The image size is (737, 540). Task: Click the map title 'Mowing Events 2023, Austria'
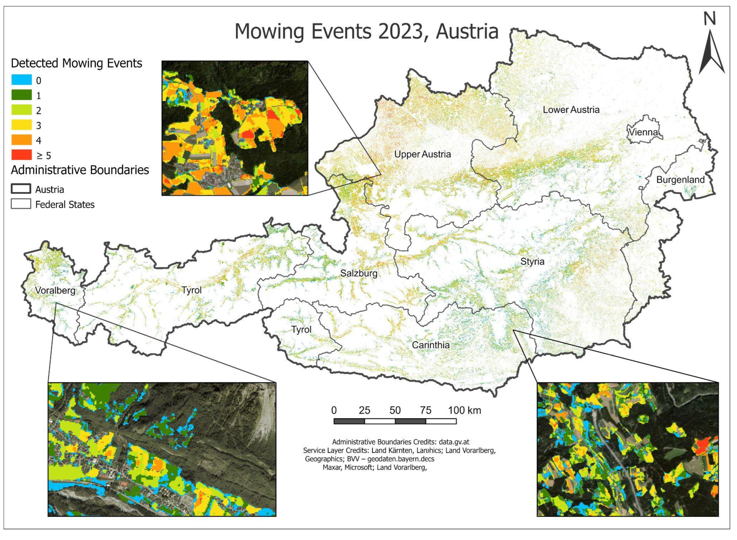pyautogui.click(x=366, y=32)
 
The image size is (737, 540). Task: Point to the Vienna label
pyautogui.click(x=643, y=132)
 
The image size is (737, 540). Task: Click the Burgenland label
pyautogui.click(x=680, y=180)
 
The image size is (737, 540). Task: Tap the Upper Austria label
pyautogui.click(x=422, y=154)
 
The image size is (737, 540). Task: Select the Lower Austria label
pyautogui.click(x=571, y=110)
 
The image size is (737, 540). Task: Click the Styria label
pyautogui.click(x=532, y=261)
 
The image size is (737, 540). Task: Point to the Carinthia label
pyautogui.click(x=430, y=345)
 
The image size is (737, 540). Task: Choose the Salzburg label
pyautogui.click(x=359, y=273)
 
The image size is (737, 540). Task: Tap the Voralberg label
pyautogui.click(x=55, y=290)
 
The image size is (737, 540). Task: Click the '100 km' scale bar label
pyautogui.click(x=464, y=410)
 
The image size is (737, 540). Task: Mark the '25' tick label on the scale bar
pyautogui.click(x=364, y=410)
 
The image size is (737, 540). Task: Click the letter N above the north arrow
pyautogui.click(x=709, y=19)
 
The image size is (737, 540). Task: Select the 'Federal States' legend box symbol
pyautogui.click(x=21, y=204)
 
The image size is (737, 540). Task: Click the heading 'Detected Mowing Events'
pyautogui.click(x=77, y=63)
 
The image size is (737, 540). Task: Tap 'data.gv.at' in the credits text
pyautogui.click(x=454, y=442)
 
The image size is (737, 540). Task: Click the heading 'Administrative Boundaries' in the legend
pyautogui.click(x=80, y=170)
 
